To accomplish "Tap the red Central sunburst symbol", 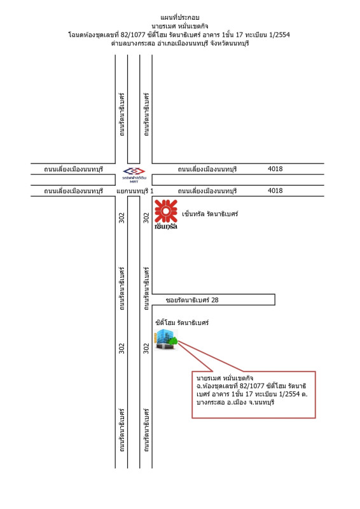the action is tap(166, 211).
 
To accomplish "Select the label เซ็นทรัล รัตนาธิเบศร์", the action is tap(210, 214).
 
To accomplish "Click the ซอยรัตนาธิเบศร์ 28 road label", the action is tap(192, 300).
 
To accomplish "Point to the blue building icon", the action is tap(166, 340).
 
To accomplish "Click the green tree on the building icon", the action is tap(174, 341).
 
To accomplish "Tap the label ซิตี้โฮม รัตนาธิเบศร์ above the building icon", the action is tap(182, 323).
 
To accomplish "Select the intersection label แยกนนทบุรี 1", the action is tap(135, 191).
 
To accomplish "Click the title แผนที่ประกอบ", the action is tap(180, 17).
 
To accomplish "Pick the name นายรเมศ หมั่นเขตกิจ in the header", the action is tap(180, 26).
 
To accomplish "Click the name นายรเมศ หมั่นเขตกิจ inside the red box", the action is tap(225, 378).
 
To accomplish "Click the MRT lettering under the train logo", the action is tap(134, 182).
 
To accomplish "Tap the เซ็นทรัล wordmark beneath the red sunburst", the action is tap(166, 227).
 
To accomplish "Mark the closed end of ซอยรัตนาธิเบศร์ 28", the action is tap(275, 300).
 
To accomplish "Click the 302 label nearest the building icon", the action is tap(146, 348).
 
